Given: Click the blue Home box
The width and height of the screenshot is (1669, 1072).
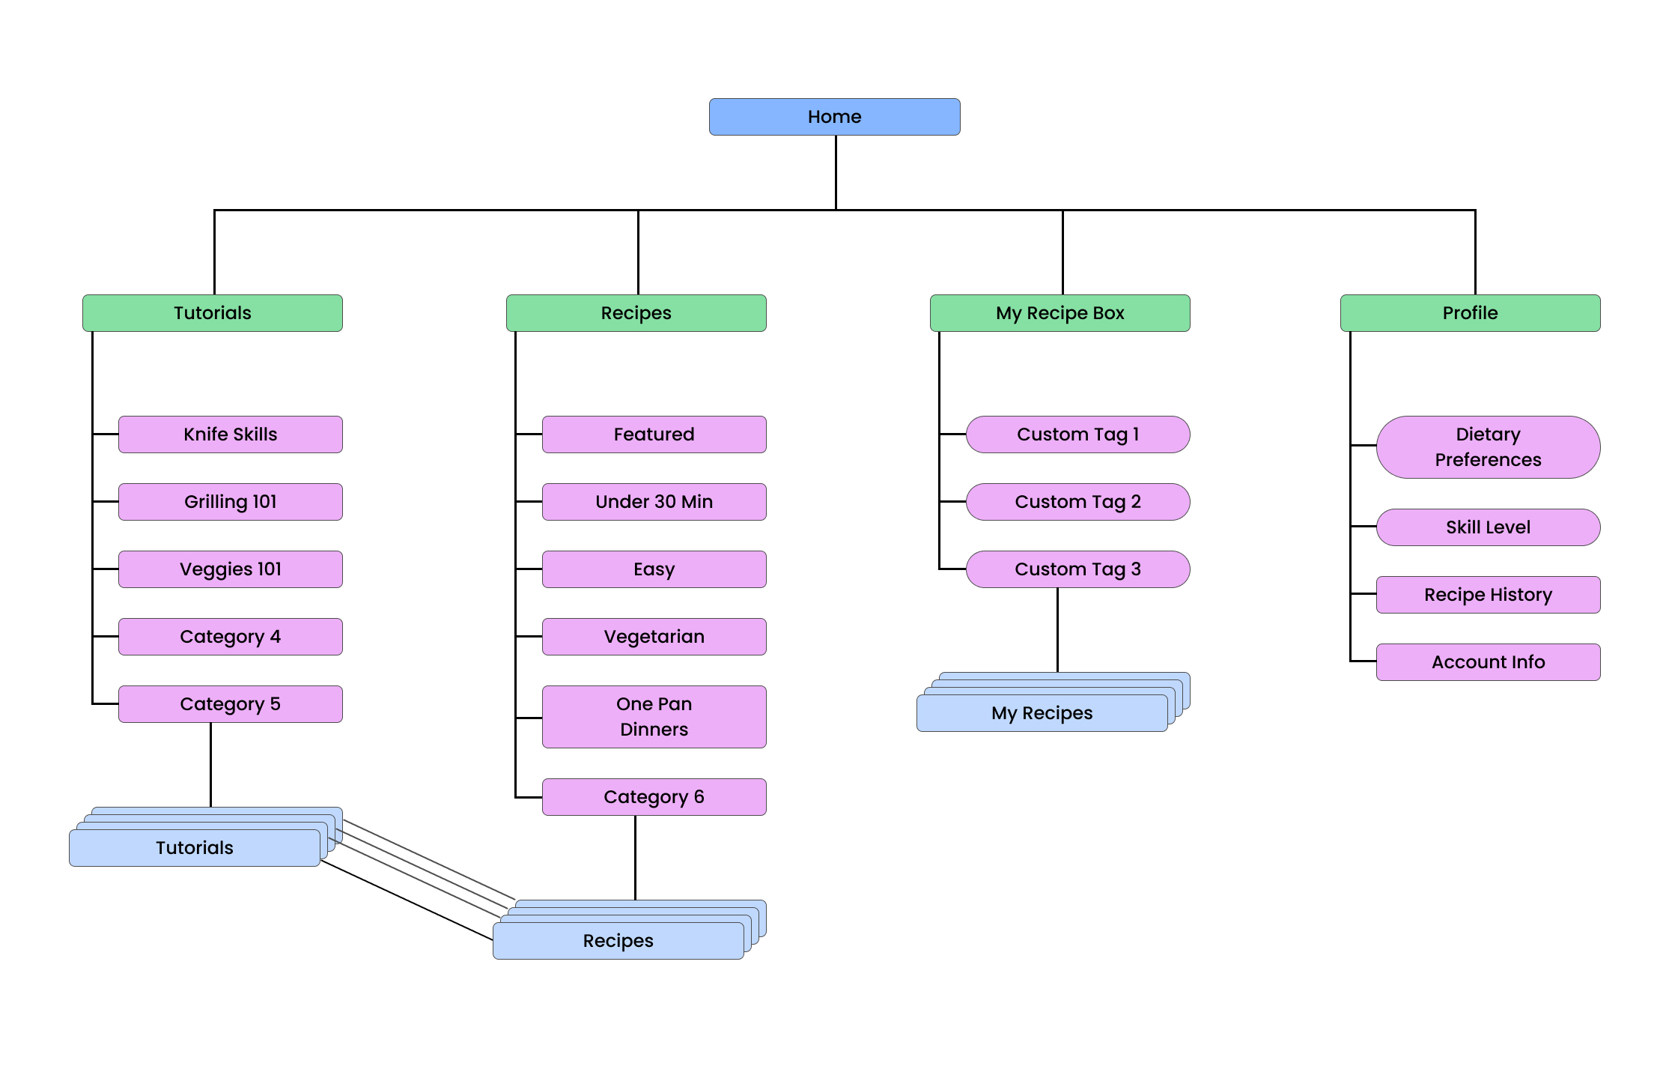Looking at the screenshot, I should click(834, 117).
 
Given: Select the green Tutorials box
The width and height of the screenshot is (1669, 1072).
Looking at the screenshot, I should click(212, 313).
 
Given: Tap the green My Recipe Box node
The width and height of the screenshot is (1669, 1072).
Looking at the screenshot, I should click(1060, 313).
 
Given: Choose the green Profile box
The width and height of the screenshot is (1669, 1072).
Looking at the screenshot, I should click(1470, 313).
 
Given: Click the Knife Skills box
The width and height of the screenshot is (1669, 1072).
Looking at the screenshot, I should click(230, 434).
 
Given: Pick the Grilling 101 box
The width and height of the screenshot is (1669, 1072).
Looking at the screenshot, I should click(230, 502).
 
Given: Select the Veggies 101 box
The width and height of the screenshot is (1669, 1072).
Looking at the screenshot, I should click(230, 569).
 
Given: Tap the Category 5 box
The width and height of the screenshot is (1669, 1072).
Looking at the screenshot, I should click(230, 704).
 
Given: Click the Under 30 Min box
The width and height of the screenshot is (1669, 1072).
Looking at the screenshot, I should click(654, 502).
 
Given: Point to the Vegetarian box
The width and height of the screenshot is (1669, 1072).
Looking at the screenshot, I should click(654, 637).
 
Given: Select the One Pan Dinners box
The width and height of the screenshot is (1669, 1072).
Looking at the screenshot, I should click(654, 717).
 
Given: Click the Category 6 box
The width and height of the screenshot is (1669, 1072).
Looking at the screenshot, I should click(654, 797).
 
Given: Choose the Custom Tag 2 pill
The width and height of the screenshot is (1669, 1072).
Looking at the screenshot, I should click(1077, 502).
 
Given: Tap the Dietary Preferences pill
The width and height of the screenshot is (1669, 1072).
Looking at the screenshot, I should click(1488, 447).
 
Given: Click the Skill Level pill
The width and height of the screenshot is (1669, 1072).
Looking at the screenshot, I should click(1488, 527).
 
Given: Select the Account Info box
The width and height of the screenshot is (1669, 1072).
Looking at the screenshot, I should click(1488, 662).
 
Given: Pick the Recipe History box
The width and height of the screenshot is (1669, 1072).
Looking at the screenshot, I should click(1488, 595).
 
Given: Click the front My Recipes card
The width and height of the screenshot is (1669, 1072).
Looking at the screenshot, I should click(1042, 713).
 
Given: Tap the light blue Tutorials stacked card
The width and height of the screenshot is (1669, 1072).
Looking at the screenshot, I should click(194, 848).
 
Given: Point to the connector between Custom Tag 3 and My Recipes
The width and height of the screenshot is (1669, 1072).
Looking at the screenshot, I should click(1057, 629).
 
